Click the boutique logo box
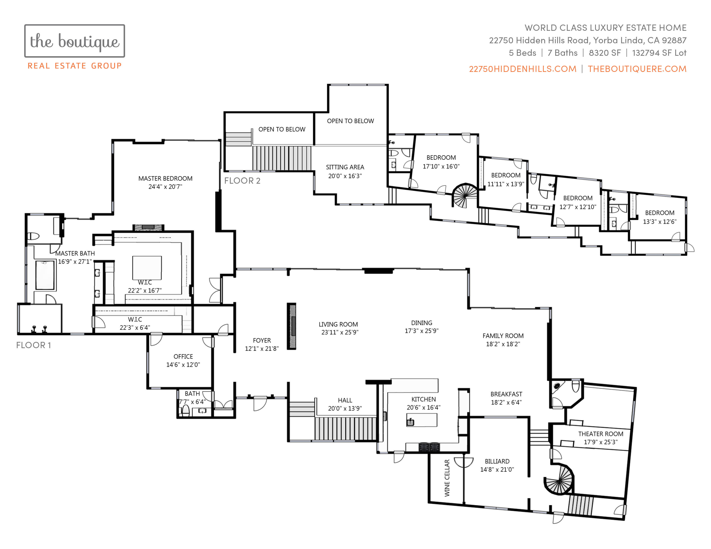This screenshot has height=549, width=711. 75,41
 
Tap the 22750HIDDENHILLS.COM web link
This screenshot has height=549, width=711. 522,69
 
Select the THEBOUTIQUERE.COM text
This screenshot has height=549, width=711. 637,69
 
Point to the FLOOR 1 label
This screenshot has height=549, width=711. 34,345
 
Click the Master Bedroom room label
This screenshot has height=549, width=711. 165,178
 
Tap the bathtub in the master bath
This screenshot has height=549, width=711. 45,275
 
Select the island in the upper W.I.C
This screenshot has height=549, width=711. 147,268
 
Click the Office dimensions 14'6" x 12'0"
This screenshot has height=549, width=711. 183,364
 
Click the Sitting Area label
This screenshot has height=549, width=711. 345,167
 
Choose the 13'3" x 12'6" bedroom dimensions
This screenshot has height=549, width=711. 660,222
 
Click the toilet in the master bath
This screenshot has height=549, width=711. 33,236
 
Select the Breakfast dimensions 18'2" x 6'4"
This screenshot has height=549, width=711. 506,402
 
